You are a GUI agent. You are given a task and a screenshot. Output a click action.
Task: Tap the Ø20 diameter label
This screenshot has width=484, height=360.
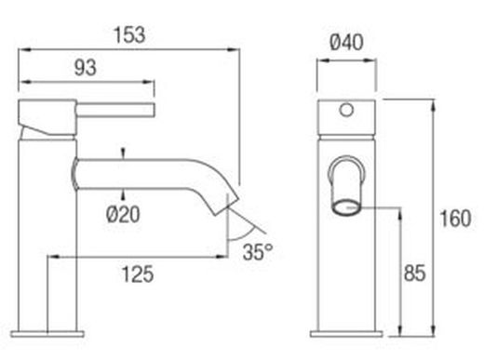click(124, 213)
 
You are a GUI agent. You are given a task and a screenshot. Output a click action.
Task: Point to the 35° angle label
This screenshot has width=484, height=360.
click(258, 250)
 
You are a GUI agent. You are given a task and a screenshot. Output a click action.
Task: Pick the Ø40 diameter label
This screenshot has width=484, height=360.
click(345, 43)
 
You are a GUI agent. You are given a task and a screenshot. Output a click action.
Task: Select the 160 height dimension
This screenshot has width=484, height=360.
click(456, 221)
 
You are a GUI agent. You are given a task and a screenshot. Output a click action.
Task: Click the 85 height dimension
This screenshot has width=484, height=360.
click(415, 273)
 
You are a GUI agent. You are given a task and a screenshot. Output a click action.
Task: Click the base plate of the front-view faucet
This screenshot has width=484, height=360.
click(346, 330)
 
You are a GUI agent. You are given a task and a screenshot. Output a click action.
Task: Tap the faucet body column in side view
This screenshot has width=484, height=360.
click(47, 233)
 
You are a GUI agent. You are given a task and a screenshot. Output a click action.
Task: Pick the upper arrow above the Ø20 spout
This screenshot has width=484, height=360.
click(123, 151)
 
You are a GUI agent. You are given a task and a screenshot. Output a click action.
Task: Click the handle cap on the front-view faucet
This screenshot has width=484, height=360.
click(346, 111)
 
